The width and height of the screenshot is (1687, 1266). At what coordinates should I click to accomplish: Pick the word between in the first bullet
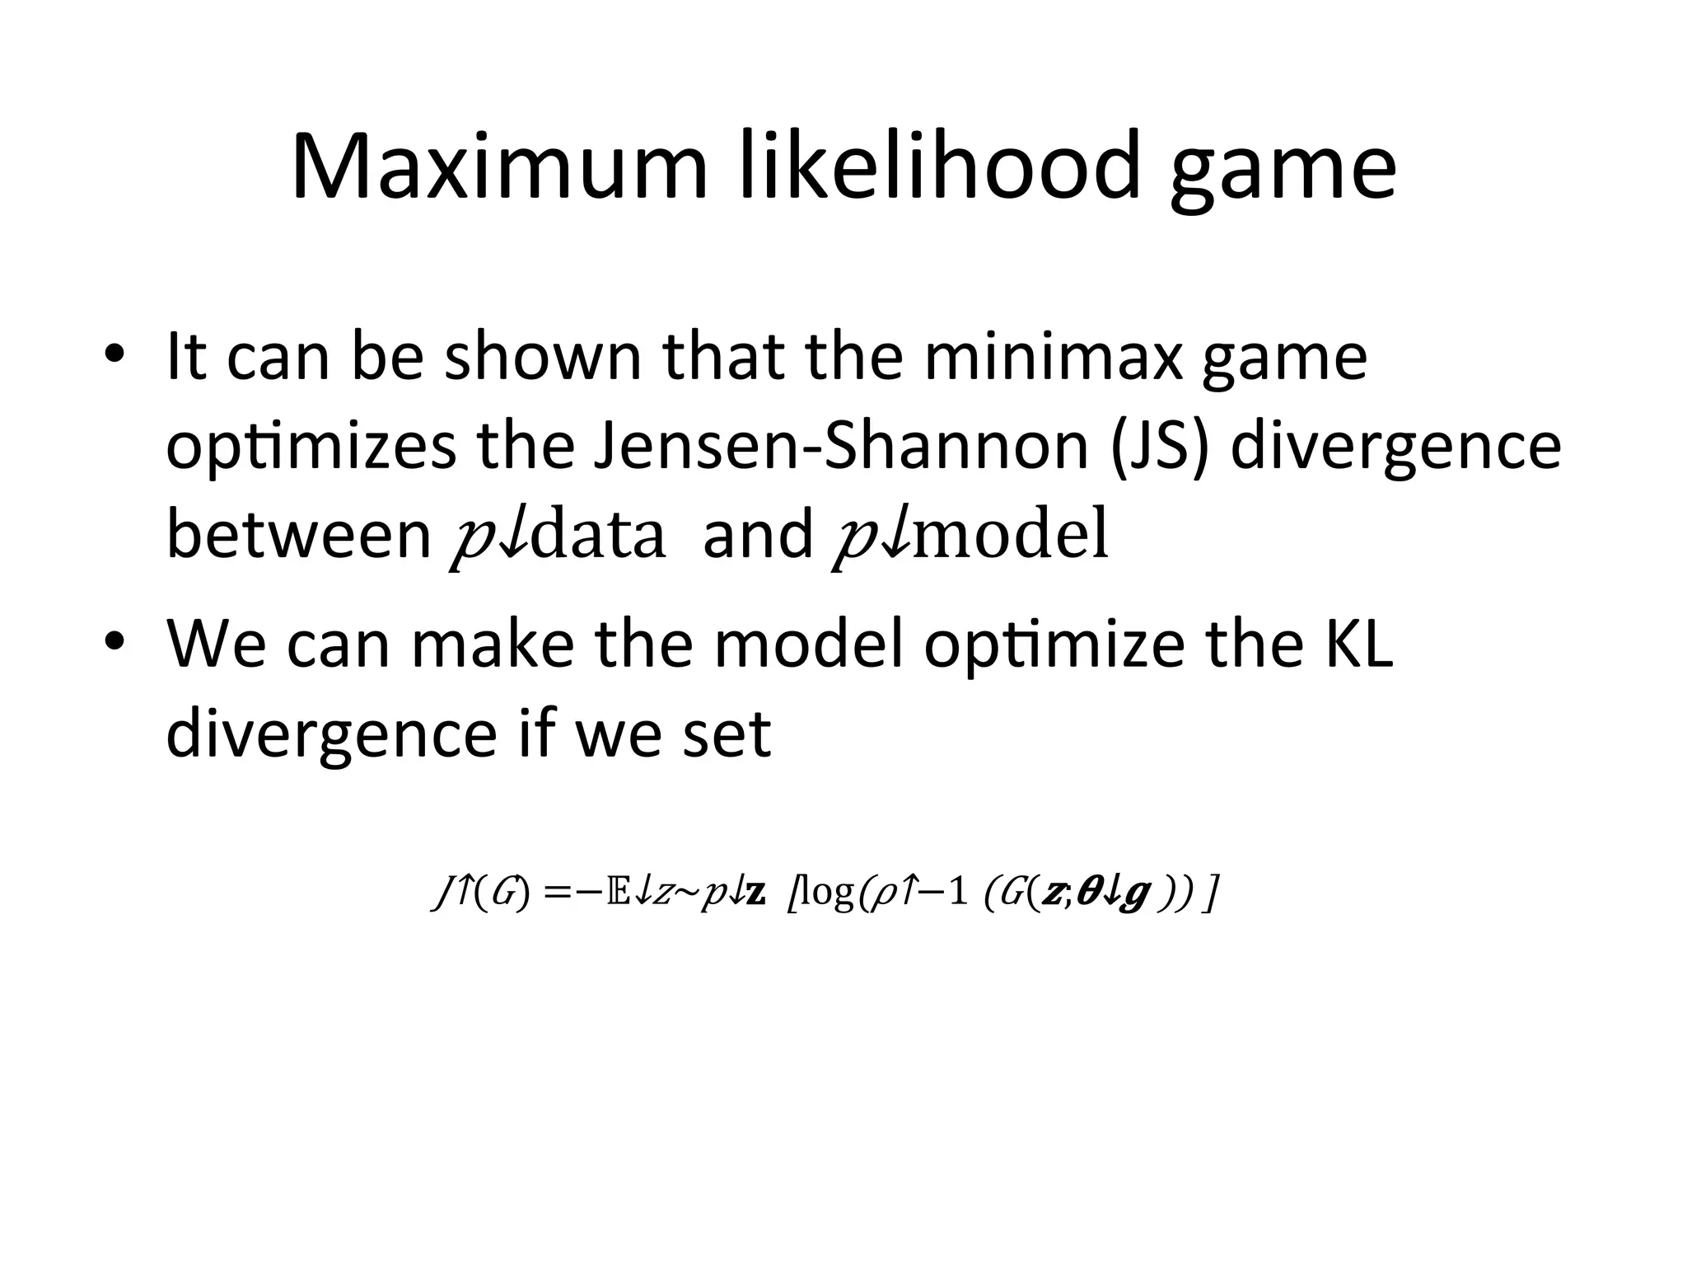coord(299,534)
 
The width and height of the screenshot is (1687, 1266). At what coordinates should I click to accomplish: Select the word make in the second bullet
coord(492,643)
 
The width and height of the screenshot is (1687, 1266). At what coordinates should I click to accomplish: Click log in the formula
coord(827,893)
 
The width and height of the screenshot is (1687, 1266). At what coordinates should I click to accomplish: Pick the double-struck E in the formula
coord(617,893)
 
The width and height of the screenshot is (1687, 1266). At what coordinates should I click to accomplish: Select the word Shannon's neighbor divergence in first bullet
coord(1395,448)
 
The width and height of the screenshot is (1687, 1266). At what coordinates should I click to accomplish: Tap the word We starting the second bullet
coord(217,643)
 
